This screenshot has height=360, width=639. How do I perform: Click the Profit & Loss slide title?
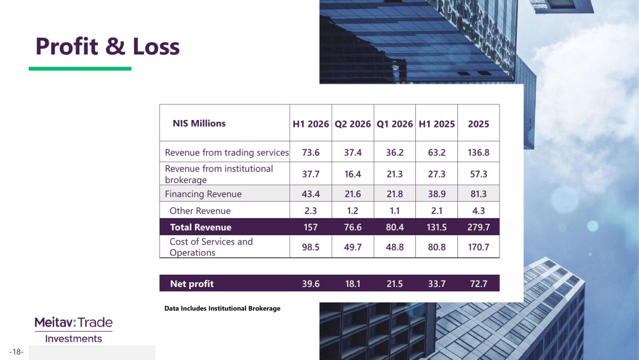click(108, 46)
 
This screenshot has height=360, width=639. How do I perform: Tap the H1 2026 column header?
click(310, 124)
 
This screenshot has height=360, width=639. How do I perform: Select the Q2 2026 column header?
click(353, 124)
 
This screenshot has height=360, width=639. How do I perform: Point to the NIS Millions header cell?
click(199, 123)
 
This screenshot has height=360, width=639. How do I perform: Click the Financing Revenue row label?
click(203, 194)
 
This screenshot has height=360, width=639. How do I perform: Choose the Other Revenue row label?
click(200, 211)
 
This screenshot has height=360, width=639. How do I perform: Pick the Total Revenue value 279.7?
click(478, 227)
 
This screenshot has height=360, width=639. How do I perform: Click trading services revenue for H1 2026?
click(310, 153)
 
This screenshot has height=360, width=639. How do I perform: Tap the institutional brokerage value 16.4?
click(353, 174)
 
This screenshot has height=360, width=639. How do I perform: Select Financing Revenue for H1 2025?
click(437, 194)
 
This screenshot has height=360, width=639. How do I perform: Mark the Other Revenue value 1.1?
click(395, 211)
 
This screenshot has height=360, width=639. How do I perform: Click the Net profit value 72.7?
click(478, 284)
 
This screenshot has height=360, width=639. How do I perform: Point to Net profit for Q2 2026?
click(353, 284)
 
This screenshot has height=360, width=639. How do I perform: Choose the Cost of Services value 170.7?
click(478, 247)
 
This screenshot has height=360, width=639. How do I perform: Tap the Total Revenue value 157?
click(310, 227)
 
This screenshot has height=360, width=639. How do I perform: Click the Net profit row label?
click(192, 284)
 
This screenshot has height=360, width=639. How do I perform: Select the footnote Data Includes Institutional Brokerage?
click(222, 309)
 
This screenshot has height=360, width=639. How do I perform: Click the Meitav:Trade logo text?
click(73, 323)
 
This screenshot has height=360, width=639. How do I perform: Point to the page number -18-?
click(17, 351)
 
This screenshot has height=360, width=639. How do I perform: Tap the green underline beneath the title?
click(80, 69)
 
